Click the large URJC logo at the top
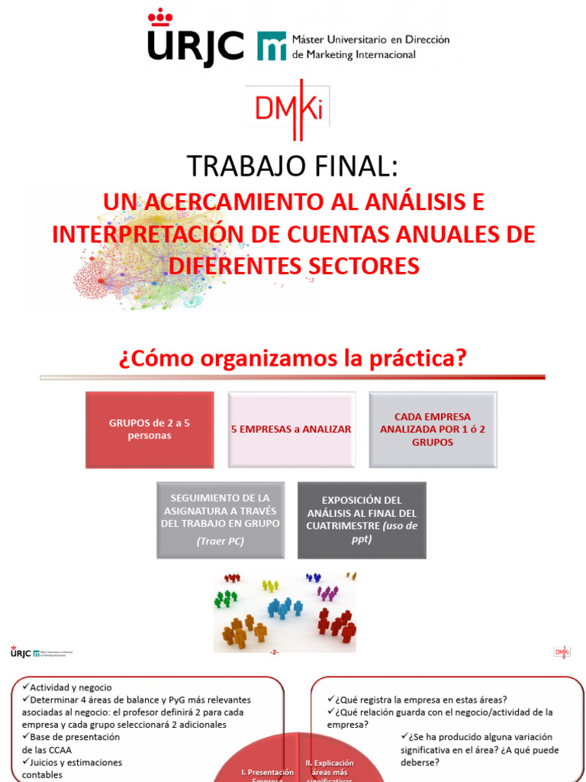click(x=195, y=40)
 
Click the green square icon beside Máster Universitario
click(x=272, y=46)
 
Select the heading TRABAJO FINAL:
click(x=292, y=166)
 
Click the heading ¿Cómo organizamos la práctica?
click(x=292, y=359)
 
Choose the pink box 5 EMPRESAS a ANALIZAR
click(x=291, y=429)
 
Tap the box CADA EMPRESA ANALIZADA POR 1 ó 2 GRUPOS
click(x=433, y=429)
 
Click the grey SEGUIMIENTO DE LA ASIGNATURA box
click(x=220, y=519)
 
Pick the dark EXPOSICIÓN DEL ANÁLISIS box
click(x=362, y=519)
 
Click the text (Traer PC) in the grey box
click(x=220, y=542)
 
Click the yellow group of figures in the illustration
click(x=270, y=586)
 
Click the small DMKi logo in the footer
click(x=562, y=651)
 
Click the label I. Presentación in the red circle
click(x=267, y=772)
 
